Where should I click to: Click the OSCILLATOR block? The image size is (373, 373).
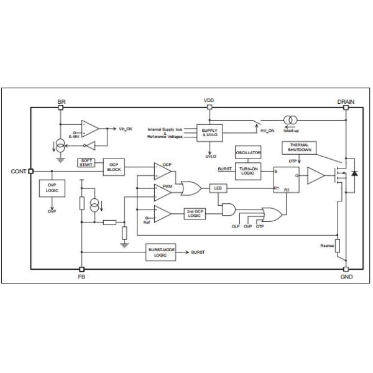[x=247, y=153]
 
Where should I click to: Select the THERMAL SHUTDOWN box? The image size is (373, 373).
[x=299, y=147]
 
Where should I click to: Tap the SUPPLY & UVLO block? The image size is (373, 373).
[x=209, y=132]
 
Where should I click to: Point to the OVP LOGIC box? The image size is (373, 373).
[x=52, y=189]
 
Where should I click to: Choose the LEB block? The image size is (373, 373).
[x=218, y=187]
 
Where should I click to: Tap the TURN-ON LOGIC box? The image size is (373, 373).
[x=247, y=171]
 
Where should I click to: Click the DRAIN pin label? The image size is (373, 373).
[x=346, y=101]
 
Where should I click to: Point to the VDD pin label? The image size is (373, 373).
[x=209, y=100]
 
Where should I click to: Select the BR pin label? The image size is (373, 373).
[x=60, y=101]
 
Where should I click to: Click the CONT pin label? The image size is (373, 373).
[x=19, y=171]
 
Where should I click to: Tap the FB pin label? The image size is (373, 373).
[x=81, y=277]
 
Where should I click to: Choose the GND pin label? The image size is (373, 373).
[x=346, y=277]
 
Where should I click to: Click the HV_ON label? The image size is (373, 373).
[x=268, y=131]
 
